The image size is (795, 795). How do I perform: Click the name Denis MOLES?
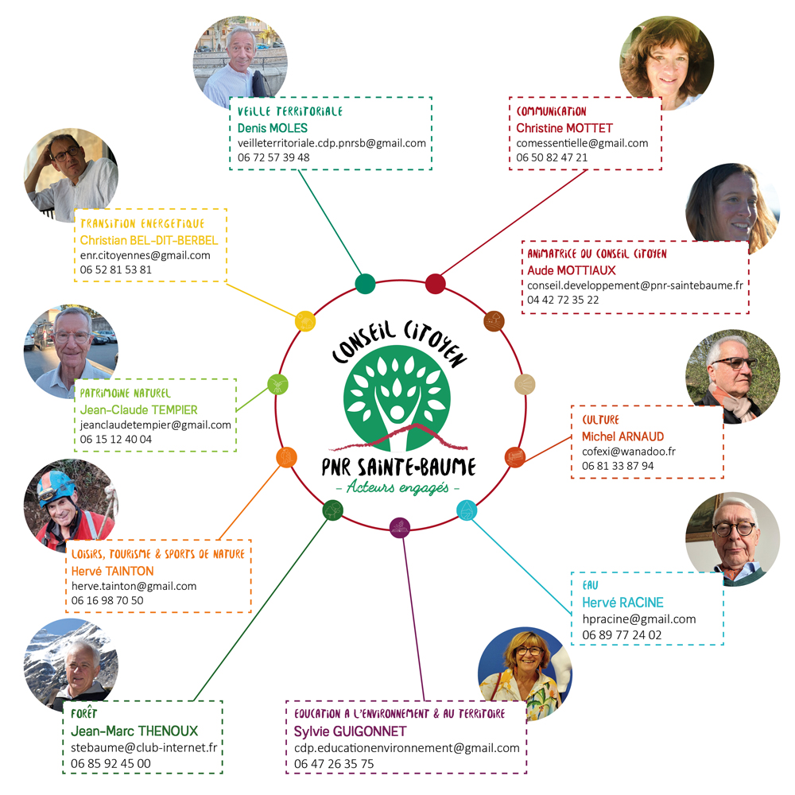pos(273,128)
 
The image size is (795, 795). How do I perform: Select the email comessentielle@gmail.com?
pos(582,143)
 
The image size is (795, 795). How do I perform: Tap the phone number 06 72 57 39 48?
pos(273,157)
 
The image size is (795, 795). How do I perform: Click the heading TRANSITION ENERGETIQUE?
pos(142,224)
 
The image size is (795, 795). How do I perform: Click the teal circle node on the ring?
pos(365,283)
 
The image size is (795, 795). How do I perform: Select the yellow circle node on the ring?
pos(305,320)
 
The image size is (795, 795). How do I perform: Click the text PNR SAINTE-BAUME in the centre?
pos(397,465)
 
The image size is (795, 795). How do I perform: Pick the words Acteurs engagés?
pos(397,487)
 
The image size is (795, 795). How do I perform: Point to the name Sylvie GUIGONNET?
pos(350,731)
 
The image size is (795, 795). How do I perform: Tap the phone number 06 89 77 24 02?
pos(622,634)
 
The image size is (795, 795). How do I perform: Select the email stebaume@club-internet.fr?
pos(144,747)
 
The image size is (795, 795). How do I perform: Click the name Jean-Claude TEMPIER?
pos(139,409)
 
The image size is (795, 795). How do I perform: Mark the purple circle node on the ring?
pos(399,525)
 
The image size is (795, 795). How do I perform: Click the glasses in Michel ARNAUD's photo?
pos(733,363)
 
